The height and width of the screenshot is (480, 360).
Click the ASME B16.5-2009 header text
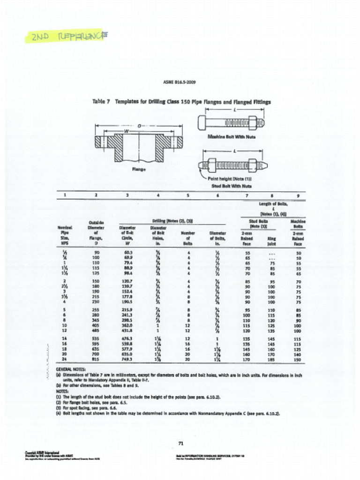click(180, 82)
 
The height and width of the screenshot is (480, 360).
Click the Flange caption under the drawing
click(138, 169)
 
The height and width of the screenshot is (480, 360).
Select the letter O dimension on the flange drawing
click(139, 126)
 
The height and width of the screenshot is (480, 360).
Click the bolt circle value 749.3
click(127, 360)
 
